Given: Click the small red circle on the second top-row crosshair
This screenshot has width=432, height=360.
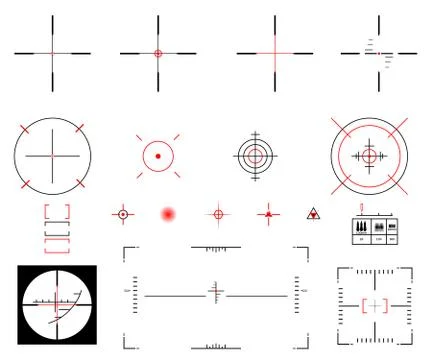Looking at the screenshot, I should [157, 52].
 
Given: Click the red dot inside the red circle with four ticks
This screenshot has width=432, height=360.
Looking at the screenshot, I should [157, 156].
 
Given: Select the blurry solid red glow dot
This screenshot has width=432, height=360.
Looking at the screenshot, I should [168, 213].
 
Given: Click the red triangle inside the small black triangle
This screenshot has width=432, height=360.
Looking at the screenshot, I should [314, 214].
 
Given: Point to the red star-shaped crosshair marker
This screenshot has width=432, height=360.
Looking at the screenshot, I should [267, 213].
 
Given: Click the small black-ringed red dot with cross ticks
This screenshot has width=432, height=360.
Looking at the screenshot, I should [123, 213].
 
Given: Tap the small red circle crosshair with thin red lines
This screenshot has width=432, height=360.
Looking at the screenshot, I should [218, 213].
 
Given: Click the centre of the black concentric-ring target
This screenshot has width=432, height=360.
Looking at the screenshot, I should [254, 155].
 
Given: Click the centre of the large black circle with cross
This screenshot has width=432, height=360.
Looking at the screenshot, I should [52, 156].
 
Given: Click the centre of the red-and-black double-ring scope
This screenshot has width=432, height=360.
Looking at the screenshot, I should [369, 156].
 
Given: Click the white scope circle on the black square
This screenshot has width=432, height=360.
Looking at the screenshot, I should [57, 304].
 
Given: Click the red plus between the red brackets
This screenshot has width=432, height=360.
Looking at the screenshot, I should [375, 305].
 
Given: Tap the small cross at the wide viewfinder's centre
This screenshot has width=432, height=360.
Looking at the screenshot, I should [214, 294].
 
